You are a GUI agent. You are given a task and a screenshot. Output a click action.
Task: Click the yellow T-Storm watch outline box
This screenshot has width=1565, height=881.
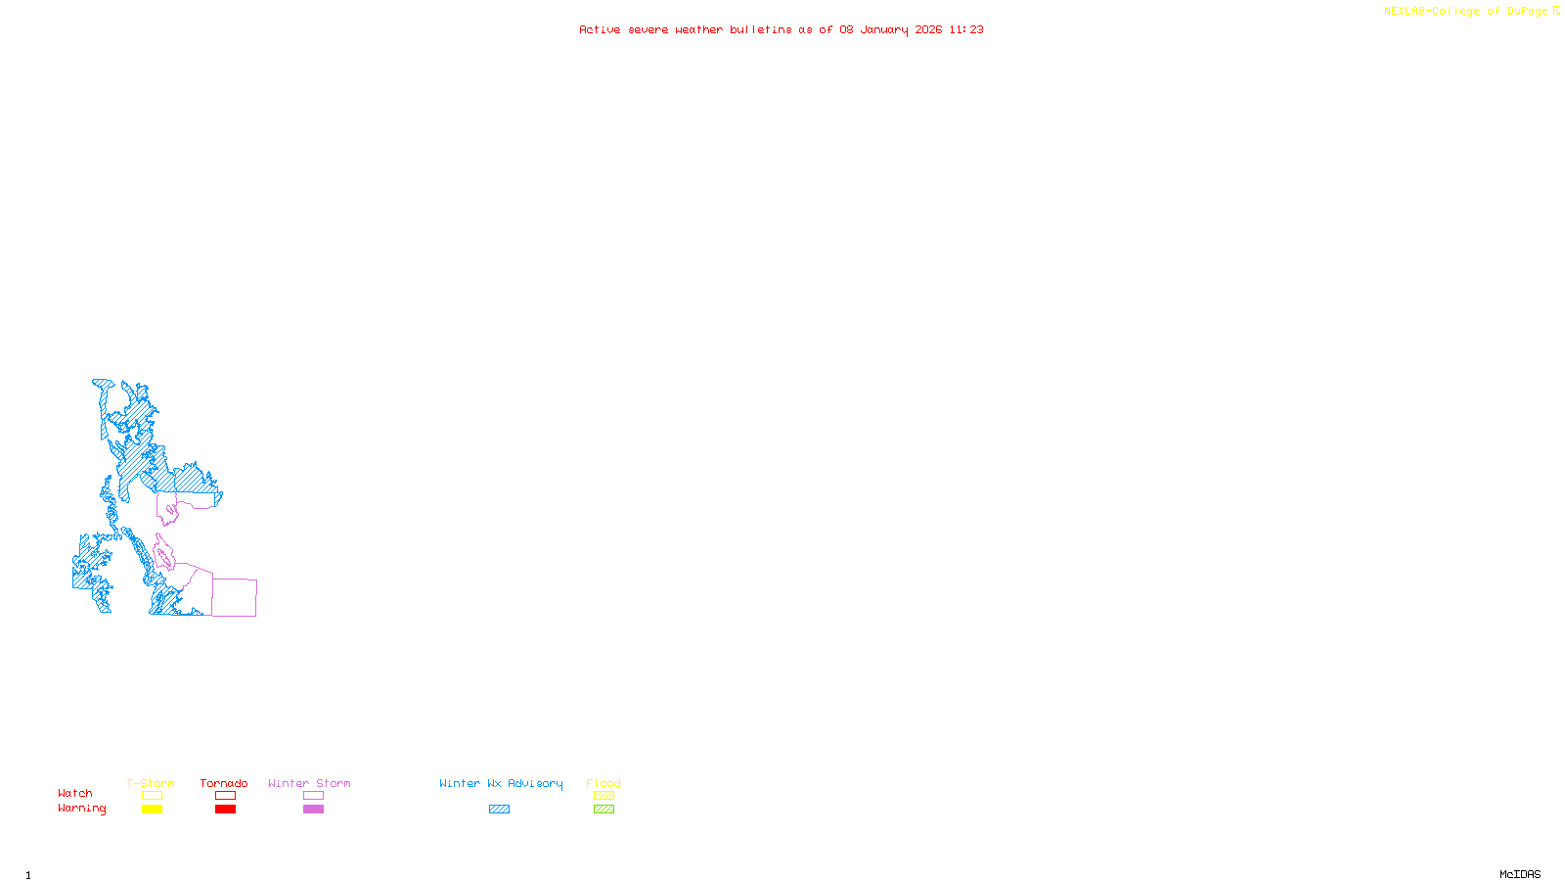152,796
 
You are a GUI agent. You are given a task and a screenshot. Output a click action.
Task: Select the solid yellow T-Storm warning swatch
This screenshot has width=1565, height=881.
152,810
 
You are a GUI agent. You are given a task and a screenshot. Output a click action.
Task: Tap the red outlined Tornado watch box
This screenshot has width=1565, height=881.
225,796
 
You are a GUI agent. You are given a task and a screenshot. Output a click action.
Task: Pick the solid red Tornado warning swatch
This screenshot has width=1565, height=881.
225,810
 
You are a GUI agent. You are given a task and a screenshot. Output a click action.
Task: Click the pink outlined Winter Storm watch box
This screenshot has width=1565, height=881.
313,796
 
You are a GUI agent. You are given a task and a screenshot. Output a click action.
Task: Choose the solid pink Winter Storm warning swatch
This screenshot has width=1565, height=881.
313,810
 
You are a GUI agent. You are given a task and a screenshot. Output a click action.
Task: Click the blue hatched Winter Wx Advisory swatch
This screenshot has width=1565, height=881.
499,810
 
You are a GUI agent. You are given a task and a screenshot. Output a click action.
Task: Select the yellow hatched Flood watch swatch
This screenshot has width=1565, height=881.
604,796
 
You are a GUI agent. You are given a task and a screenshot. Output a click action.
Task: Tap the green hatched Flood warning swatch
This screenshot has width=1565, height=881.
604,810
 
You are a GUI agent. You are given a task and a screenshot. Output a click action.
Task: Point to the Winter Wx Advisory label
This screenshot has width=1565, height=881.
501,783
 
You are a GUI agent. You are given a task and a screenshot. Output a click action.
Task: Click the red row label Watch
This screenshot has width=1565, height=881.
74,793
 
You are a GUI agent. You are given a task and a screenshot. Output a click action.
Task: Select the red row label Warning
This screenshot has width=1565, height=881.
81,809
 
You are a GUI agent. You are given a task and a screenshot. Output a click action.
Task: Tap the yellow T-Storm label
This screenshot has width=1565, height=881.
151,783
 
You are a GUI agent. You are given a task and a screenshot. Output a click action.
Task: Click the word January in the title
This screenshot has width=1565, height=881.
884,29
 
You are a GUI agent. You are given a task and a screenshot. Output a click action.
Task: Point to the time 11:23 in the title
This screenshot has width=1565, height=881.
966,29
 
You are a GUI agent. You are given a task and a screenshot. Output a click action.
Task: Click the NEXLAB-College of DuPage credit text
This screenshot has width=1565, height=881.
1465,11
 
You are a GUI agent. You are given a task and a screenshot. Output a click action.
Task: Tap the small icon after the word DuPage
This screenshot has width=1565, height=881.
1556,11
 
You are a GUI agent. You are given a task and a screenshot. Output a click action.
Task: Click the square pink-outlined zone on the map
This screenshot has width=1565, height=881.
235,597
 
